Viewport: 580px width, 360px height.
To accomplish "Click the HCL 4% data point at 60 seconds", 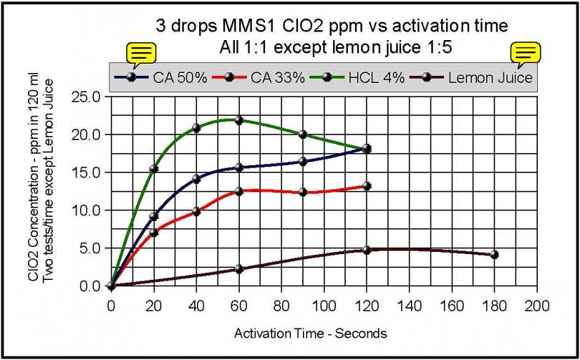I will tap(239, 120).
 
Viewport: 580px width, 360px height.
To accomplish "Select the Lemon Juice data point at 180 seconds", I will tap(494, 255).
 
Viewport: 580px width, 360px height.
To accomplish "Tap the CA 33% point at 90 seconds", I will tap(303, 192).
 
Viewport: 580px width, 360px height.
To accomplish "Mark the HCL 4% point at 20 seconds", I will tap(153, 169).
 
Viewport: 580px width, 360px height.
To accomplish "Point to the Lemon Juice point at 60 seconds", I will tap(239, 269).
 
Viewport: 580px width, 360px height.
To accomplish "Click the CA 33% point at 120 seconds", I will tap(367, 186).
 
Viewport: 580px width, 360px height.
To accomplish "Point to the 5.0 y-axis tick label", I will tap(90, 248).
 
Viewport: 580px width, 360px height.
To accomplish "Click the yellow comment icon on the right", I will tap(525, 53).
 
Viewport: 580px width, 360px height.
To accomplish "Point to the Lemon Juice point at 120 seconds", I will tap(367, 250).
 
